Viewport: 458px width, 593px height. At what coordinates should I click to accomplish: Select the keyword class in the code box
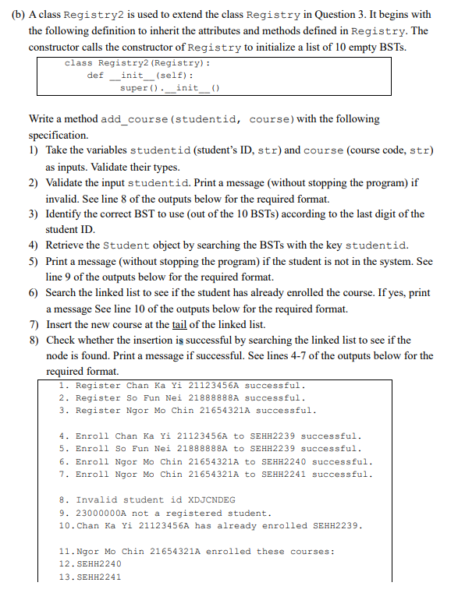point(78,63)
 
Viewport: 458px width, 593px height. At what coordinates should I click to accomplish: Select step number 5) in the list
point(34,262)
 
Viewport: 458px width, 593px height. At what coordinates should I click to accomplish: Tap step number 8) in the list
point(34,341)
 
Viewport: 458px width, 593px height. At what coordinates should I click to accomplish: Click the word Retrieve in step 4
point(66,245)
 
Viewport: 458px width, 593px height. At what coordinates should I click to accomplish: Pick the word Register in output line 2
point(98,397)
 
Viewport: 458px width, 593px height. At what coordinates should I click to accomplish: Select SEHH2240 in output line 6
point(286,461)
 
